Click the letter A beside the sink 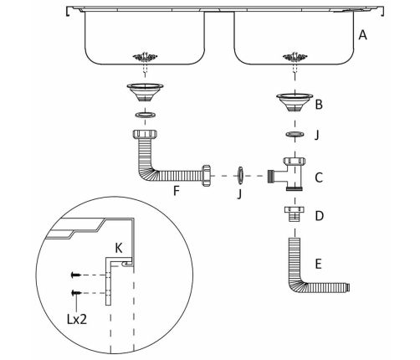tap(362, 35)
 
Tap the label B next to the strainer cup tap(319, 105)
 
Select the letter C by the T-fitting tap(319, 177)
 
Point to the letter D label tap(319, 216)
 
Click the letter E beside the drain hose tap(318, 264)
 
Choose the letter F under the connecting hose tap(177, 191)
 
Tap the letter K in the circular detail tap(119, 248)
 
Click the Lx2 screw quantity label tap(77, 319)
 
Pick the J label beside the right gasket tap(316, 136)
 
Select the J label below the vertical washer tap(239, 194)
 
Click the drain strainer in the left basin tap(145, 57)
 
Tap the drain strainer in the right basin tap(295, 57)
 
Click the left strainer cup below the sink tap(145, 93)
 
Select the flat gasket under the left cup tap(145, 115)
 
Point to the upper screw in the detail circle tap(76, 275)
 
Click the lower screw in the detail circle tap(76, 293)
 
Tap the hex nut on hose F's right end tap(206, 176)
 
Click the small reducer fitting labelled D tap(295, 213)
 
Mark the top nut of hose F tap(145, 134)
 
